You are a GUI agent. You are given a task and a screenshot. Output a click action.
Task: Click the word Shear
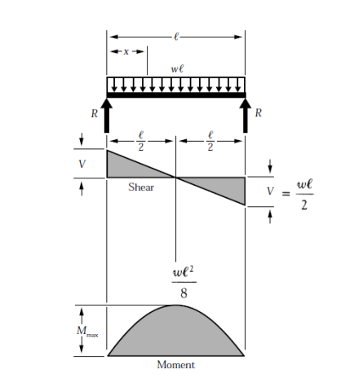[x=141, y=187]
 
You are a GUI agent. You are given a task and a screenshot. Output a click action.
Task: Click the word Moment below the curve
[x=176, y=364]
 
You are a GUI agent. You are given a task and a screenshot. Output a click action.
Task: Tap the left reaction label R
[x=95, y=113]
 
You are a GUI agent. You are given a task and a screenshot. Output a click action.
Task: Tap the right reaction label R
[x=259, y=112]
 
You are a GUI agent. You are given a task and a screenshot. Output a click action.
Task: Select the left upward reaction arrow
[x=107, y=116]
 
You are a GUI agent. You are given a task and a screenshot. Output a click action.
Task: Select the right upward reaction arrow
[x=246, y=116]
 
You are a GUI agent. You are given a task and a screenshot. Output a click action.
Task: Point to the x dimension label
[x=126, y=51]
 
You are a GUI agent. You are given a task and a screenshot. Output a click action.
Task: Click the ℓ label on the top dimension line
[x=176, y=37]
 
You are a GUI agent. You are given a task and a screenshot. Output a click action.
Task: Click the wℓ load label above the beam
[x=177, y=68]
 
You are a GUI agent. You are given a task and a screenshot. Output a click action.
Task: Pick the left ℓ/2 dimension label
[x=141, y=141]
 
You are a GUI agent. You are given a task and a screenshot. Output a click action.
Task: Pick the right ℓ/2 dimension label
[x=210, y=141]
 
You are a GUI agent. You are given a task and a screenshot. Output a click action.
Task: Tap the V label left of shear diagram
[x=82, y=164]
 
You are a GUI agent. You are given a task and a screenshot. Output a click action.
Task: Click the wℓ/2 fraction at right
[x=304, y=194]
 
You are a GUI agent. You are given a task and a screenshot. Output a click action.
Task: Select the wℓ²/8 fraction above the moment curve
[x=184, y=282]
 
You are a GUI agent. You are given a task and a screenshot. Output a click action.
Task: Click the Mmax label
[x=87, y=332]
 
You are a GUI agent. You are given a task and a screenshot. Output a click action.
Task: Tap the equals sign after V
[x=286, y=194]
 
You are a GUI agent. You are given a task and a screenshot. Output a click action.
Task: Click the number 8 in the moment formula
[x=184, y=293]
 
